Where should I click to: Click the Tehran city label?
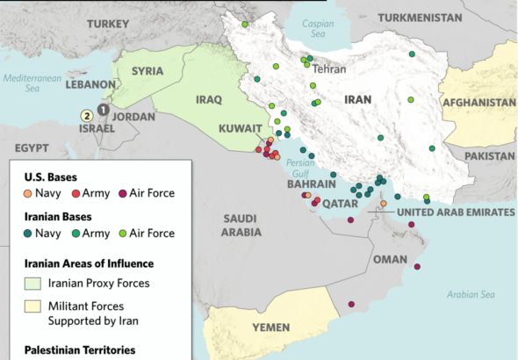coord(329,68)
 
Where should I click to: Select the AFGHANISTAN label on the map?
coord(478,103)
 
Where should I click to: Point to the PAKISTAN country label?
coord(490,155)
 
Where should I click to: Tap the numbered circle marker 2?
coord(87,115)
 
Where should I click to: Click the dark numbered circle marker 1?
coord(103,109)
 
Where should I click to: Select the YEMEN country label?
coord(270,328)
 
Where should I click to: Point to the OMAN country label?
coord(390,259)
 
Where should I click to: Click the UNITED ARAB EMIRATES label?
coord(455,212)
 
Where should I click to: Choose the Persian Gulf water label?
coord(300,167)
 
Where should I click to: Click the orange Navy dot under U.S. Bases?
coord(28,192)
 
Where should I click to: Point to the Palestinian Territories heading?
coord(80,349)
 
